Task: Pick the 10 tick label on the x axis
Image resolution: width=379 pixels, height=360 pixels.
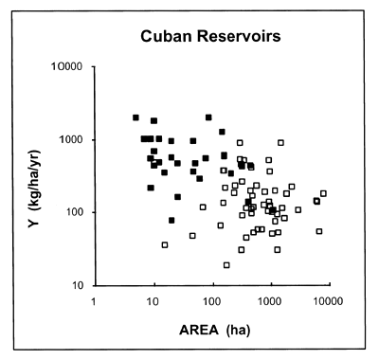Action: click(152, 300)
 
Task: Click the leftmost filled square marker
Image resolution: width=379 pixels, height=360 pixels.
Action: click(135, 117)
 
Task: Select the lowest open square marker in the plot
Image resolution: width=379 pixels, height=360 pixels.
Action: click(226, 264)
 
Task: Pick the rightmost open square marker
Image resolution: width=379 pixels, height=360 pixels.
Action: click(323, 193)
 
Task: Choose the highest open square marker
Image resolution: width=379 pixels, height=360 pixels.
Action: click(280, 142)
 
